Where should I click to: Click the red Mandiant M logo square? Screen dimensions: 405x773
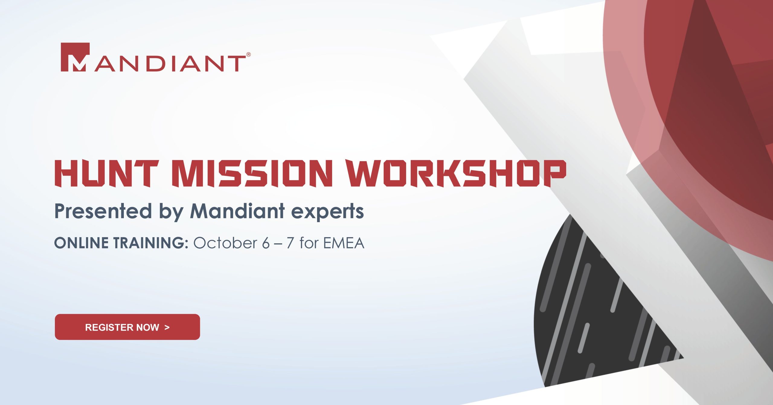tap(75, 57)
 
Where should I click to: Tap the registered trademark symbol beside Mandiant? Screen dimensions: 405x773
tap(249, 55)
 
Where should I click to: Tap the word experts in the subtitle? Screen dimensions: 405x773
tap(327, 212)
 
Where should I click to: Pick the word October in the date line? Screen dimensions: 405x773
tap(225, 243)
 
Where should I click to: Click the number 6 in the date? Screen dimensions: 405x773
tap(266, 243)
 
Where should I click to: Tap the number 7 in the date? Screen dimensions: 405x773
tap(290, 243)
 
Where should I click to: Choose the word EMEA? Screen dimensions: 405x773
tap(344, 243)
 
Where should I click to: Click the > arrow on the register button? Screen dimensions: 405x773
tap(167, 327)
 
